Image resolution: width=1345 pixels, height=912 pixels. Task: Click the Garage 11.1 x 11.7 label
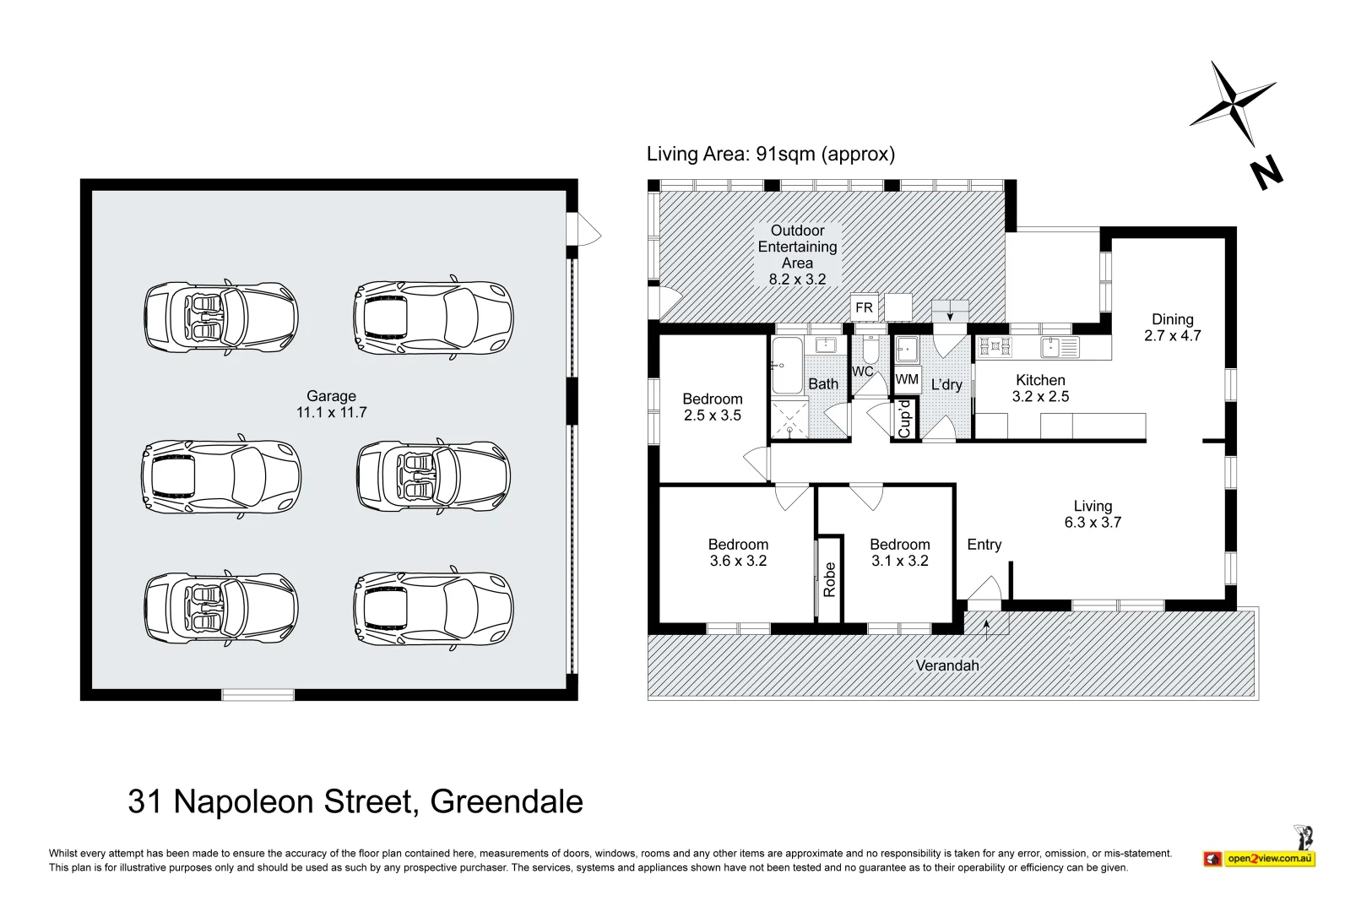pos(331,404)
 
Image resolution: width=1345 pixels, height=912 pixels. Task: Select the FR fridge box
pos(864,307)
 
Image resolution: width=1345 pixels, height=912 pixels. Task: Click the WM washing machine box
pos(907,380)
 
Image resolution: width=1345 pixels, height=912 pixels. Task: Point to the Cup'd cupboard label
pos(904,420)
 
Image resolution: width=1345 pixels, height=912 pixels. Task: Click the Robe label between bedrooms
pos(829,579)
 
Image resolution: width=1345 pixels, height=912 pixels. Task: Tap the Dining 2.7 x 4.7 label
pos(1172,327)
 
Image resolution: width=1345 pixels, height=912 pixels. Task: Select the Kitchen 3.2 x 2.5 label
pos(1040,388)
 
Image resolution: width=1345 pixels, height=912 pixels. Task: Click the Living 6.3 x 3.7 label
pos(1093,513)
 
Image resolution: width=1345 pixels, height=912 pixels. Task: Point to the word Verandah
pos(947,665)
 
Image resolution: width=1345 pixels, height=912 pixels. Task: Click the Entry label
pos(984,545)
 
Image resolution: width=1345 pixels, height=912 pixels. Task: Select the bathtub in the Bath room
pos(787,366)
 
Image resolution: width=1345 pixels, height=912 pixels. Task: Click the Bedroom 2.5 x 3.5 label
pos(712,406)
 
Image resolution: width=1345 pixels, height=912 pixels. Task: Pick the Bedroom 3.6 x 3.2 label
pos(738,552)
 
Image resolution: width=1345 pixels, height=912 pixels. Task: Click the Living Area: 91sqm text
pos(770,154)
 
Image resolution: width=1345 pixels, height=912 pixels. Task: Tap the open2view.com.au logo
pos(1260,858)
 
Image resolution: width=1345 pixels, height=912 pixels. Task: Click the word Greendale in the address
pos(507,801)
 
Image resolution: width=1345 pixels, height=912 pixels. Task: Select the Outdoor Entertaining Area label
pos(797,254)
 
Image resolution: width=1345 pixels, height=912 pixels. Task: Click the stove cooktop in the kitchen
pos(995,345)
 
